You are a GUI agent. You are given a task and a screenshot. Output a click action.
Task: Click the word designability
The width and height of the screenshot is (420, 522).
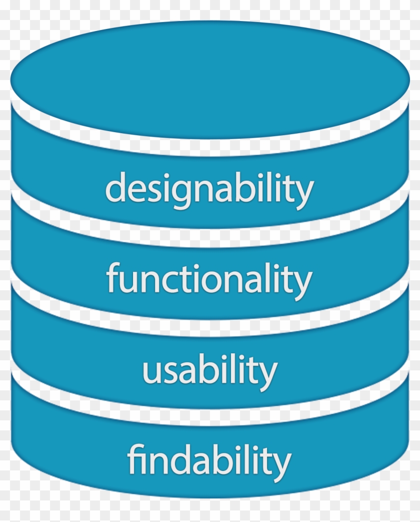point(209,189)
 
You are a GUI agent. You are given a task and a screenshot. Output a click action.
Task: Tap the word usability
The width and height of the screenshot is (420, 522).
point(209,370)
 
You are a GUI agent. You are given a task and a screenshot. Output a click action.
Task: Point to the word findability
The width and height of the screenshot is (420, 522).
point(209,460)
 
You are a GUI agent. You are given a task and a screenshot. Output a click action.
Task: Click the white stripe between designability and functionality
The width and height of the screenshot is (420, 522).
point(209,238)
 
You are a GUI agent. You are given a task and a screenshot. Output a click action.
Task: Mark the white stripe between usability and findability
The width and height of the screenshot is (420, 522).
point(209,415)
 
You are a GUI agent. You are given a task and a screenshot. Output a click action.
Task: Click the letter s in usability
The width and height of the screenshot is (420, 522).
point(169,372)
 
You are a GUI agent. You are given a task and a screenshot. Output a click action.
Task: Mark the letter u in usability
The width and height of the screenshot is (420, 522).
point(151,372)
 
